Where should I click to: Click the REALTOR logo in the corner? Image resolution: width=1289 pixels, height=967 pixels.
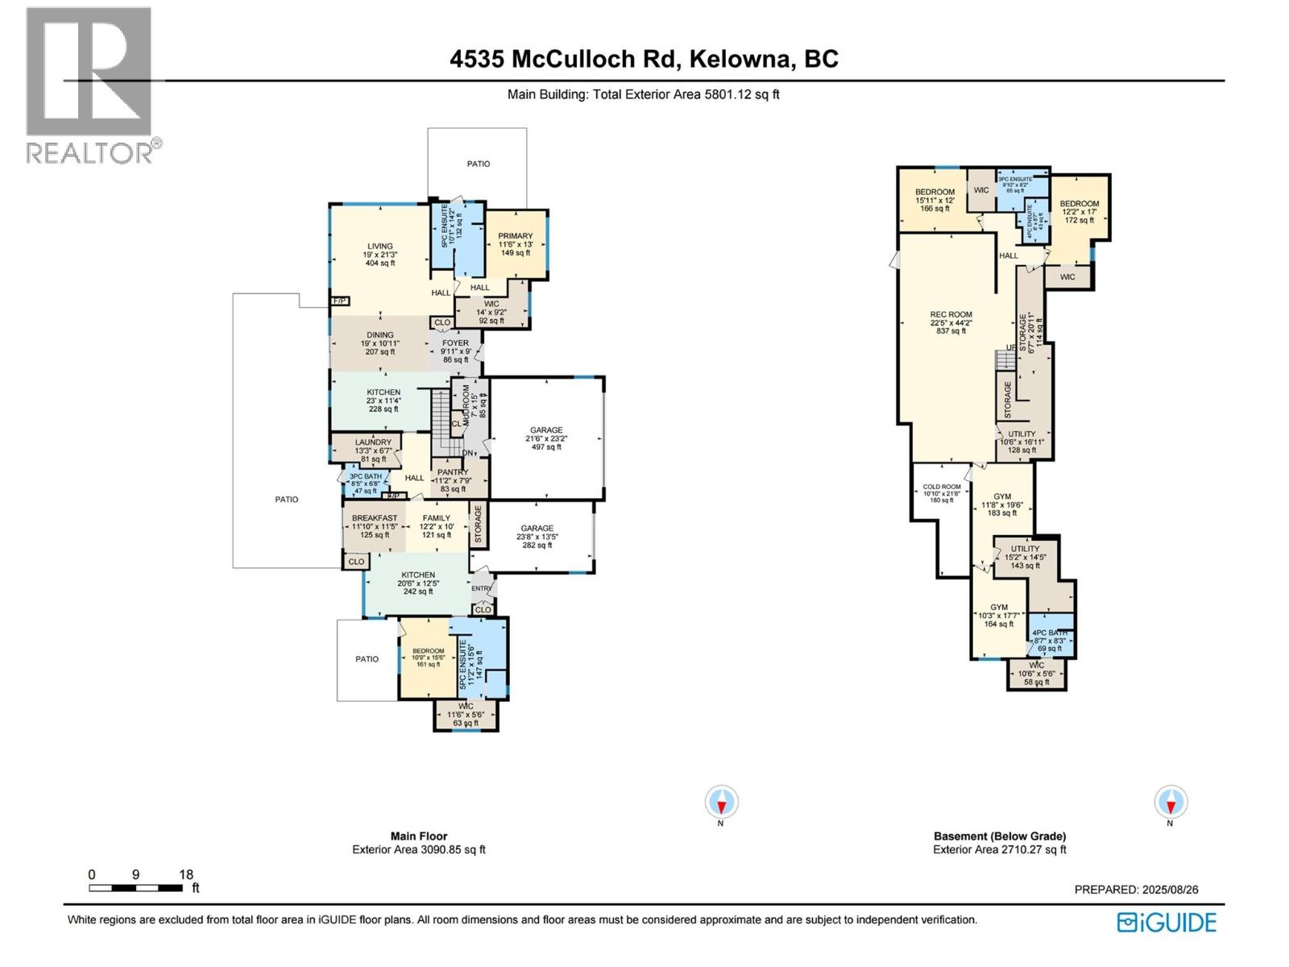(x=89, y=85)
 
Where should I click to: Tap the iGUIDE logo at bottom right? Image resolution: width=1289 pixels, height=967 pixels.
(x=1167, y=923)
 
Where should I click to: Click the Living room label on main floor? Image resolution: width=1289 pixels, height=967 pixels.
(x=380, y=247)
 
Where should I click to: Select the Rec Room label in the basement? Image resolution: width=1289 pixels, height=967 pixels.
(x=951, y=315)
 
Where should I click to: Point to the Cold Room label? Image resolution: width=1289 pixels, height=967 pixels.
(x=942, y=487)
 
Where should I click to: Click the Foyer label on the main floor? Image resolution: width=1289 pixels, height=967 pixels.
(x=455, y=343)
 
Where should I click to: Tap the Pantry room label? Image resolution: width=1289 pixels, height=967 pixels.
(x=453, y=473)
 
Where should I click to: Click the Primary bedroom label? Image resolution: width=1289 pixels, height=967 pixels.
(x=516, y=236)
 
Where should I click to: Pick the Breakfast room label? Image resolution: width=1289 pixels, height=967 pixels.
(x=375, y=518)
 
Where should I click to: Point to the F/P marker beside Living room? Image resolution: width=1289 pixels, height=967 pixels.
(x=340, y=301)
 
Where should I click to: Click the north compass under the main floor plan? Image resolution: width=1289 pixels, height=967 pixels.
(x=722, y=803)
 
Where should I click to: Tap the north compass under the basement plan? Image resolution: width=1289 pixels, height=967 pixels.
(x=1170, y=803)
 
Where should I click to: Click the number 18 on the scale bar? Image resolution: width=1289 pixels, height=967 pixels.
(x=186, y=874)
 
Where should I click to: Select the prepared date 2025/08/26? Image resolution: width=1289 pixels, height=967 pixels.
(x=1170, y=890)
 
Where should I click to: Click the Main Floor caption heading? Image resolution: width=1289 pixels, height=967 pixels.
(x=419, y=836)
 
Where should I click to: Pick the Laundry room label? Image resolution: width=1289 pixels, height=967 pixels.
(x=373, y=442)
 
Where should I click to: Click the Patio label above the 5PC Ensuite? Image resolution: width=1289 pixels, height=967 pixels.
(x=479, y=164)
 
